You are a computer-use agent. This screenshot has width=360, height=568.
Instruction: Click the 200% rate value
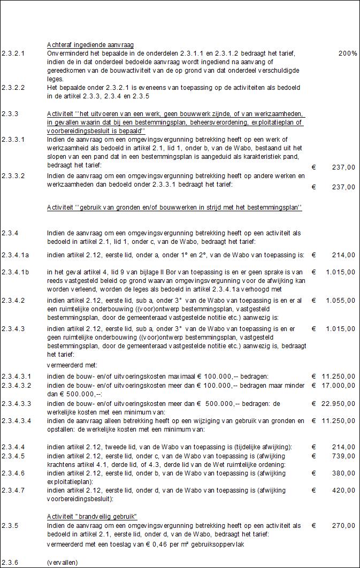pyautogui.click(x=347, y=53)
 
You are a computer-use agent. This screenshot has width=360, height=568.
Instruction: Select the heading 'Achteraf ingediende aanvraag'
pyautogui.click(x=90, y=44)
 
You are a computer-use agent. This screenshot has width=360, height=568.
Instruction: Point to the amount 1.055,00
pyautogui.click(x=339, y=301)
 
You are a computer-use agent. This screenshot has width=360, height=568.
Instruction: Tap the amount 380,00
pyautogui.click(x=343, y=473)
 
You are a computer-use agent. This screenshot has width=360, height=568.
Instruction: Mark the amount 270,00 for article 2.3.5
pyautogui.click(x=343, y=526)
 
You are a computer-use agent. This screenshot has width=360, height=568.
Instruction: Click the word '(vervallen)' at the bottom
pyautogui.click(x=62, y=562)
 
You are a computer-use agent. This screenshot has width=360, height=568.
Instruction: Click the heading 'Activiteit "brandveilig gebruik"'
pyautogui.click(x=92, y=517)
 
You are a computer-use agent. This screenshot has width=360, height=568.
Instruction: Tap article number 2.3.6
pyautogui.click(x=10, y=562)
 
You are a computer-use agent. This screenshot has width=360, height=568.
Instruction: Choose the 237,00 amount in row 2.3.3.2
pyautogui.click(x=343, y=187)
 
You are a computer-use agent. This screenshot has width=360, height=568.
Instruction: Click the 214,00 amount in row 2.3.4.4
pyautogui.click(x=343, y=447)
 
